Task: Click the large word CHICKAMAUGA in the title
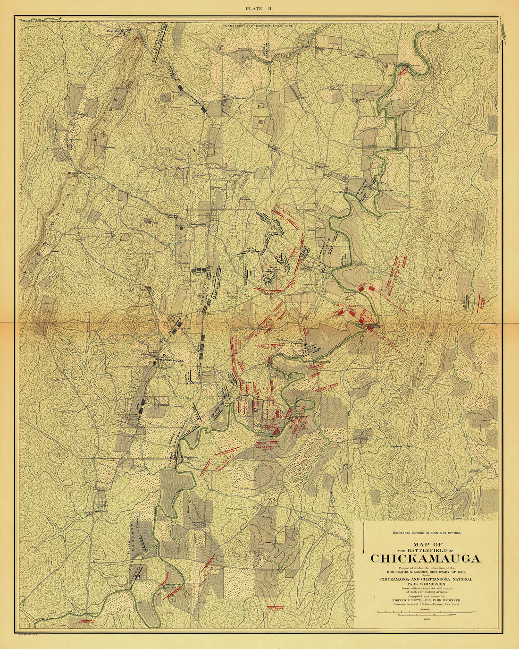[426, 558]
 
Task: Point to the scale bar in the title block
[426, 612]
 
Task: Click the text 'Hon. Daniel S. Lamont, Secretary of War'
[426, 571]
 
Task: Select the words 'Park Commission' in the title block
[426, 584]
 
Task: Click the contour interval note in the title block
[426, 604]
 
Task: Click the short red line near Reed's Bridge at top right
[403, 71]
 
